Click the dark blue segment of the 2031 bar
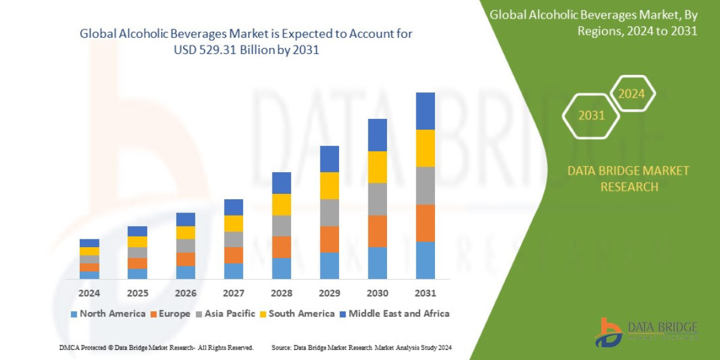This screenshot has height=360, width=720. (425, 111)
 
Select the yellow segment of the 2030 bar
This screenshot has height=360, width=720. (377, 167)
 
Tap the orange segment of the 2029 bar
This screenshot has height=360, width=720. (329, 239)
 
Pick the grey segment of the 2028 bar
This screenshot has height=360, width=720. (281, 226)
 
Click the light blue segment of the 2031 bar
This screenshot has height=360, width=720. (425, 260)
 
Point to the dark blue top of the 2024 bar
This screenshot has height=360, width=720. (89, 243)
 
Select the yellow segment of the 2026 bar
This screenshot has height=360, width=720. (185, 232)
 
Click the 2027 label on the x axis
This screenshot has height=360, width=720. (233, 293)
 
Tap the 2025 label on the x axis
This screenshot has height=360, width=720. (137, 293)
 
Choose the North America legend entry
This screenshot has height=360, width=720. (108, 313)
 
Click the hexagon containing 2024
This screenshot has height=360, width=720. (632, 94)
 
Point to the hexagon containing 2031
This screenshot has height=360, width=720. (592, 115)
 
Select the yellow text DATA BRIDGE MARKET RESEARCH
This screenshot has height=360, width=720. (628, 179)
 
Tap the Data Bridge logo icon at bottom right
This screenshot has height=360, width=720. (608, 332)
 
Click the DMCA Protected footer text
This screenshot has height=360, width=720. (156, 347)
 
